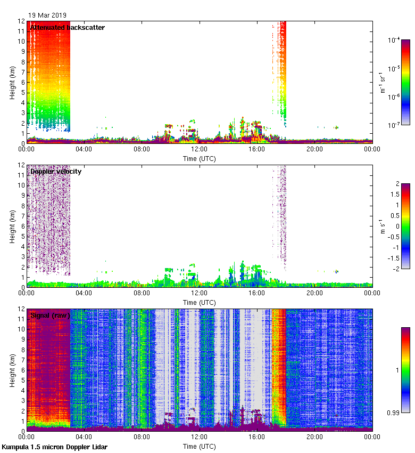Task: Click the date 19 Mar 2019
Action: click(x=47, y=15)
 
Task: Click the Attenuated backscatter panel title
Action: click(x=68, y=28)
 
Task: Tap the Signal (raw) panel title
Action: click(x=51, y=316)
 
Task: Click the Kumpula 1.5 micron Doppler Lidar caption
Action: click(x=54, y=447)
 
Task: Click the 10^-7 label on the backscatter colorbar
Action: click(x=394, y=125)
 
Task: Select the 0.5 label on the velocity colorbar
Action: click(x=394, y=215)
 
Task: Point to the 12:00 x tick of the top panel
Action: click(x=199, y=149)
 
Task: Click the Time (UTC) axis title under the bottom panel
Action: click(x=199, y=446)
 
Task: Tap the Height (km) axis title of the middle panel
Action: click(x=12, y=226)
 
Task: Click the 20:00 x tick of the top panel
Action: click(x=314, y=149)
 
